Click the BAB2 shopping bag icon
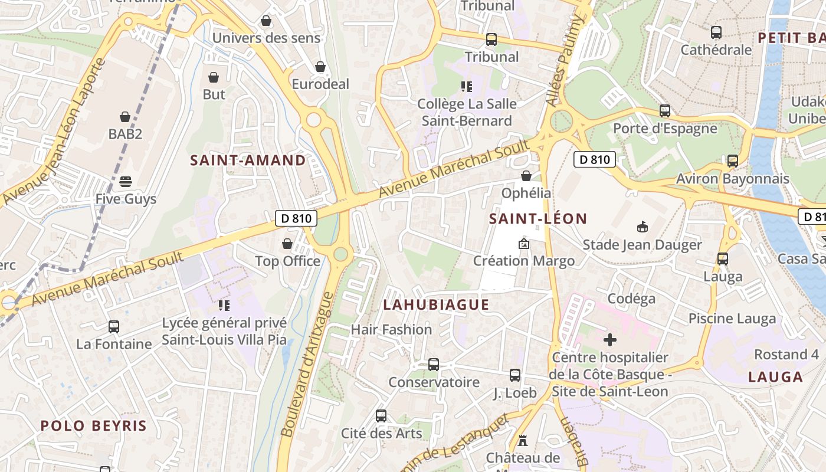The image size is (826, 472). [125, 117]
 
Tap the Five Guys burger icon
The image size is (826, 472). [125, 181]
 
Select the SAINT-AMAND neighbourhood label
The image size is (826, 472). [248, 160]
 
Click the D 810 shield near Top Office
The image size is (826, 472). [296, 218]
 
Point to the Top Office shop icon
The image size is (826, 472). [287, 244]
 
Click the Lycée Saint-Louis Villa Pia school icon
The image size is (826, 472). [224, 305]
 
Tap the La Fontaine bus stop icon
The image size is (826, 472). [114, 326]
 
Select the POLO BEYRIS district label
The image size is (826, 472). [93, 425]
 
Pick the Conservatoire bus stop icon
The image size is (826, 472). [434, 365]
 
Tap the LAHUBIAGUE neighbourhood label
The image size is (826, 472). [436, 304]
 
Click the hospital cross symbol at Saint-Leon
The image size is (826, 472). [610, 340]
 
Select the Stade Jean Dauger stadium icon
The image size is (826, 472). [643, 227]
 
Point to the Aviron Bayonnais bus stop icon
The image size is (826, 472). [732, 160]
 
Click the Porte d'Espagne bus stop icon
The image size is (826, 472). [665, 111]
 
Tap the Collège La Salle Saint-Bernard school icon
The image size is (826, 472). [467, 87]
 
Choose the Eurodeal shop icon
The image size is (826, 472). [320, 67]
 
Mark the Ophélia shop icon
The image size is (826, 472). [526, 175]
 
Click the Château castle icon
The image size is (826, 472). [522, 440]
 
